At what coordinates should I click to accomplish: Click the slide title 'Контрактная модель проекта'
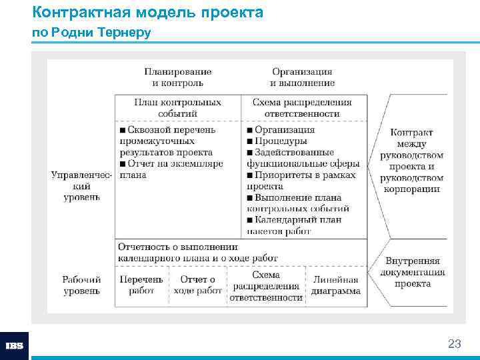(x=147, y=12)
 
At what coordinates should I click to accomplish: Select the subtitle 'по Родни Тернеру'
(x=91, y=32)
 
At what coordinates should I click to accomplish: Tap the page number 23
(x=454, y=344)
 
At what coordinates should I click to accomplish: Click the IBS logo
(x=15, y=346)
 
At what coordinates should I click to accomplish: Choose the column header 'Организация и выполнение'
(x=302, y=77)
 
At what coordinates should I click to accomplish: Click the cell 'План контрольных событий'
(x=177, y=108)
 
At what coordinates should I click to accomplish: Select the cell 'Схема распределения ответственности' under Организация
(x=302, y=108)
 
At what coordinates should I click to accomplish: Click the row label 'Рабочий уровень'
(x=82, y=285)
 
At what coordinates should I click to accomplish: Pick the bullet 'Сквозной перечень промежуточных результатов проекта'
(x=166, y=141)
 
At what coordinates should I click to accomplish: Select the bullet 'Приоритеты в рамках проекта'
(x=301, y=181)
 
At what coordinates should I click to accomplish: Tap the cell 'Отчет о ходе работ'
(x=198, y=285)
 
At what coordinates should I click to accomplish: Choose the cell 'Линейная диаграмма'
(x=336, y=285)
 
